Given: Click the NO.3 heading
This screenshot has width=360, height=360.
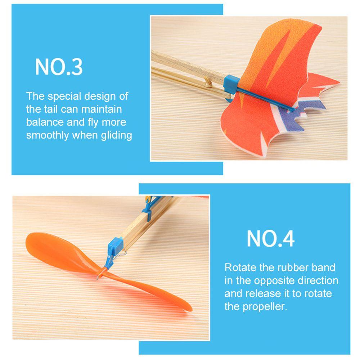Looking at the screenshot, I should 59,67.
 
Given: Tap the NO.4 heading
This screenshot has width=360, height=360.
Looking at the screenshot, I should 270,238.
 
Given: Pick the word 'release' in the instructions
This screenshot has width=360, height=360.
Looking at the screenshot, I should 264,293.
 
